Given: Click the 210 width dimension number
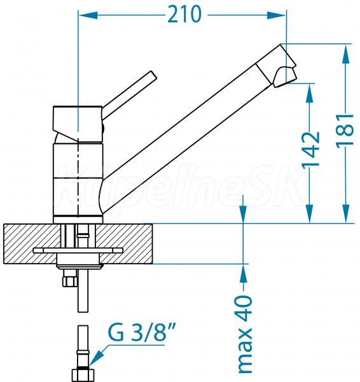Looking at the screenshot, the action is [184, 15].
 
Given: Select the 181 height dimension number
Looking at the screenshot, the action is [345, 131].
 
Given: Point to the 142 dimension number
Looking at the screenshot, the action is [311, 149].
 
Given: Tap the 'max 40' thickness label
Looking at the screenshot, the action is [245, 334].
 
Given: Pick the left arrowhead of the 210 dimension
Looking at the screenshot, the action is [88, 15].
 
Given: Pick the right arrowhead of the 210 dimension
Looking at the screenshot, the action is [277, 15].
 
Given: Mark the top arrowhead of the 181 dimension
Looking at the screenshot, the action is [345, 54].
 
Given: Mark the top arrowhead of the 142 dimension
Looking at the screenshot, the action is [310, 93].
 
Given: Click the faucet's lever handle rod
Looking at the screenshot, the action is [129, 95].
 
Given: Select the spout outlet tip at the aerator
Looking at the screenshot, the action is [286, 78].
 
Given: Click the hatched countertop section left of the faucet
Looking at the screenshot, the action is [32, 244].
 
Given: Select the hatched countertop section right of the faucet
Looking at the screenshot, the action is [124, 244].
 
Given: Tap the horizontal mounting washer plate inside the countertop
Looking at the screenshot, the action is [78, 250].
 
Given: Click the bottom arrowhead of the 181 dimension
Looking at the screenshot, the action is [345, 213].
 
